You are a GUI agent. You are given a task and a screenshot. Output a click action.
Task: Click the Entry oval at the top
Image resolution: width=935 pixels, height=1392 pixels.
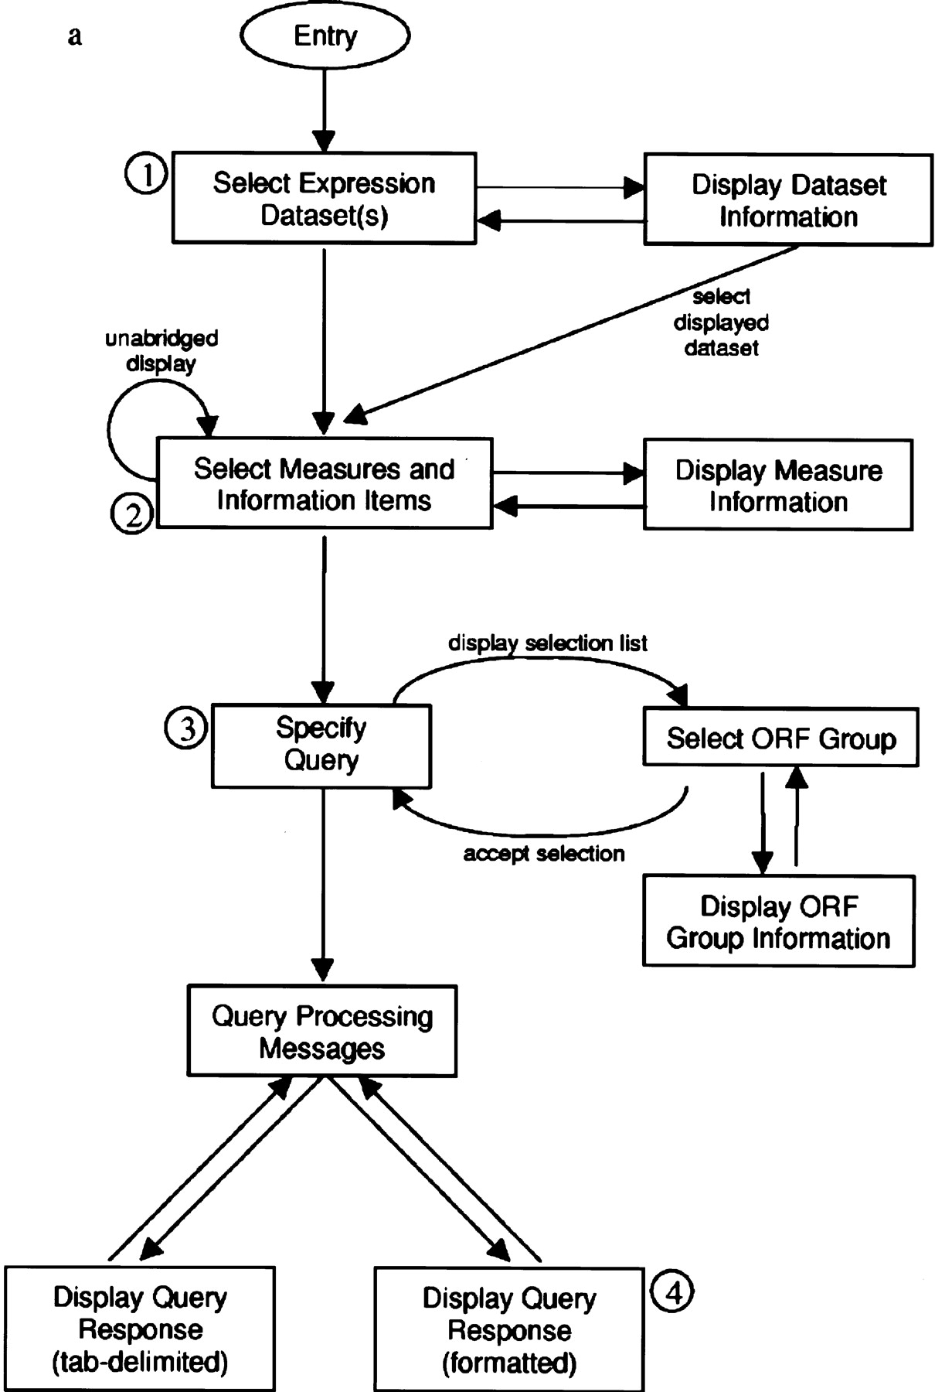click(x=325, y=36)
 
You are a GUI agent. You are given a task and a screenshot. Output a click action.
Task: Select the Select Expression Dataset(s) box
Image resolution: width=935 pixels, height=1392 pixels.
click(x=324, y=199)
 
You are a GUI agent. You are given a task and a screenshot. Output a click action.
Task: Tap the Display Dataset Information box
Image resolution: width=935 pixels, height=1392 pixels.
click(x=788, y=200)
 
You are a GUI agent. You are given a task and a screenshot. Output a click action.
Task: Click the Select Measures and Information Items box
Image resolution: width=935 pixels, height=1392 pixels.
click(x=324, y=484)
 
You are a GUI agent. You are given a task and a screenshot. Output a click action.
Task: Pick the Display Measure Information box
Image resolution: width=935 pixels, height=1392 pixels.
click(x=778, y=486)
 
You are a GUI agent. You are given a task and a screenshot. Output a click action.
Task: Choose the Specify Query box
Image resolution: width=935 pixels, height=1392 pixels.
click(x=321, y=744)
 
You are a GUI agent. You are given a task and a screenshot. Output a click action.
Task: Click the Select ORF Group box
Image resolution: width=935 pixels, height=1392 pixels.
click(x=780, y=738)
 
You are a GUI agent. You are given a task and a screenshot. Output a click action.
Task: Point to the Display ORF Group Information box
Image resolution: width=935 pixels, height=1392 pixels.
click(x=778, y=922)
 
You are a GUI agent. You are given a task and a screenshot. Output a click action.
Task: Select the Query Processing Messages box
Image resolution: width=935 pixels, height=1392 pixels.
click(x=321, y=1032)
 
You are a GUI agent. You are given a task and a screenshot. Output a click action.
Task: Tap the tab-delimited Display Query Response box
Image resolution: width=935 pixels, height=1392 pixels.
click(x=140, y=1329)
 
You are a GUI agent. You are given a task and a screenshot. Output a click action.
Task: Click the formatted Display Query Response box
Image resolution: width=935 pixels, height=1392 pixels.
click(x=509, y=1329)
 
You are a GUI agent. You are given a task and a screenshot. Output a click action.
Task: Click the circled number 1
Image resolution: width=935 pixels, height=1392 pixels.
click(x=145, y=176)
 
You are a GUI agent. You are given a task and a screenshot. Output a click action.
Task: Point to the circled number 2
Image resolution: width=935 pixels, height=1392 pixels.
click(x=132, y=514)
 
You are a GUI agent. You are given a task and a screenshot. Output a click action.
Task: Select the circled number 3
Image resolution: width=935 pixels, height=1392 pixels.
click(x=186, y=728)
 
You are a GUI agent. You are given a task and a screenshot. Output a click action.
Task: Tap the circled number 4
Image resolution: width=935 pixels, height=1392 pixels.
click(x=672, y=1291)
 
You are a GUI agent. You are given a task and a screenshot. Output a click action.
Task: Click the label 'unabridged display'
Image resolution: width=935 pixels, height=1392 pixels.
click(x=161, y=351)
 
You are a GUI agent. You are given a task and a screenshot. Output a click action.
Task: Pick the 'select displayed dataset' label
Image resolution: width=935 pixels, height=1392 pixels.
click(x=721, y=322)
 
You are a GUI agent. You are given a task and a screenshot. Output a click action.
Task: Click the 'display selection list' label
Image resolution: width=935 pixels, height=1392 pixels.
click(x=548, y=643)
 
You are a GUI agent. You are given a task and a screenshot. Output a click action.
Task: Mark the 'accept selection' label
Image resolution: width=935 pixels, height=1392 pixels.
click(x=544, y=854)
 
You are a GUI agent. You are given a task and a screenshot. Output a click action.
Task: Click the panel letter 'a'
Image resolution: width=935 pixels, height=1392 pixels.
click(x=74, y=36)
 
